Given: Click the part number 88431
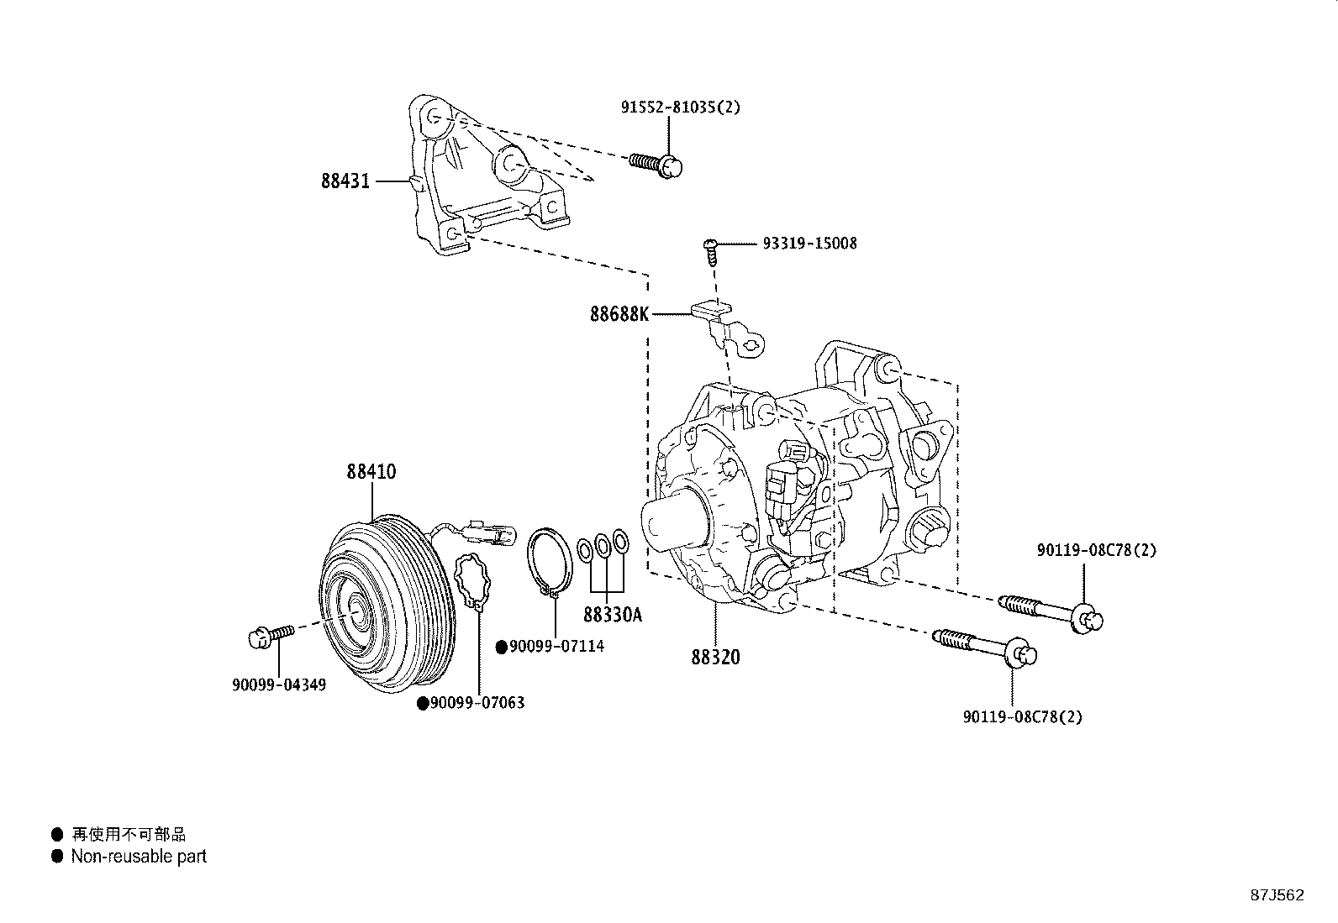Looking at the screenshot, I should pyautogui.click(x=345, y=181).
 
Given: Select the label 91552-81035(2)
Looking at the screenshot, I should pyautogui.click(x=681, y=108).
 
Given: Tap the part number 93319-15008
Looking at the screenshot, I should pyautogui.click(x=809, y=244).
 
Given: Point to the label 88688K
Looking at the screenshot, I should pyautogui.click(x=619, y=315).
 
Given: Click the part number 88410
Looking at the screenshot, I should pyautogui.click(x=371, y=472).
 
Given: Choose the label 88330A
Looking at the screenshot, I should pyautogui.click(x=612, y=615).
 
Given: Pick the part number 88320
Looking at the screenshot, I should pyautogui.click(x=716, y=657).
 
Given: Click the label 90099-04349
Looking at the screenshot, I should pyautogui.click(x=279, y=684).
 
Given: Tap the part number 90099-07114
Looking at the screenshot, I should pyautogui.click(x=556, y=646).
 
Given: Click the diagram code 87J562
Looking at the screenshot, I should pyautogui.click(x=1277, y=894).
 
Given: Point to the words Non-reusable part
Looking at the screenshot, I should pyautogui.click(x=139, y=857).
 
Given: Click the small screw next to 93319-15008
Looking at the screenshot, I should pyautogui.click(x=711, y=250).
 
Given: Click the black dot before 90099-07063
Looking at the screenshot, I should pyautogui.click(x=424, y=703).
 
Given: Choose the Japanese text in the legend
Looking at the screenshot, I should pyautogui.click(x=128, y=834).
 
